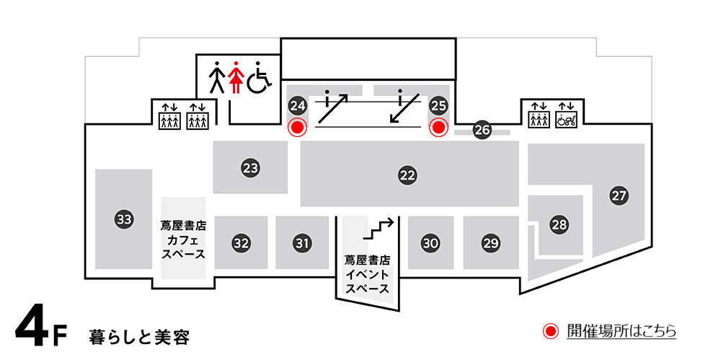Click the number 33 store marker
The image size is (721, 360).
click(x=124, y=219)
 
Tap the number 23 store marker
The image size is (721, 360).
click(x=250, y=169)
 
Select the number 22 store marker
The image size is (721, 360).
click(x=408, y=175)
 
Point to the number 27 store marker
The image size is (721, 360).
click(x=619, y=195)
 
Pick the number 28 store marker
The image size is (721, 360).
click(x=559, y=224)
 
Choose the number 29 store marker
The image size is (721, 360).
click(x=491, y=243)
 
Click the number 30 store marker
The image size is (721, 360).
click(x=430, y=243)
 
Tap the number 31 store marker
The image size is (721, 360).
click(x=302, y=243)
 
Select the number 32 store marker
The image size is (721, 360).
click(x=241, y=243)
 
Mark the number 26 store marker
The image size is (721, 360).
click(x=482, y=131)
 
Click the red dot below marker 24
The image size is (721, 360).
click(x=297, y=128)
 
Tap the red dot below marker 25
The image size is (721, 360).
click(x=438, y=128)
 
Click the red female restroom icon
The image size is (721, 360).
click(x=234, y=77)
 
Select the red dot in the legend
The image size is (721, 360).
click(x=551, y=332)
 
